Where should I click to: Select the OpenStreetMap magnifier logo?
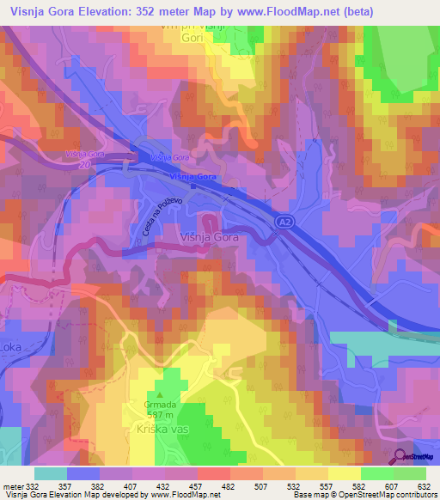click(401, 455)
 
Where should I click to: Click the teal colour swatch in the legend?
click(51, 473)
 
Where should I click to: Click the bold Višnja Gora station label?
click(193, 176)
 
